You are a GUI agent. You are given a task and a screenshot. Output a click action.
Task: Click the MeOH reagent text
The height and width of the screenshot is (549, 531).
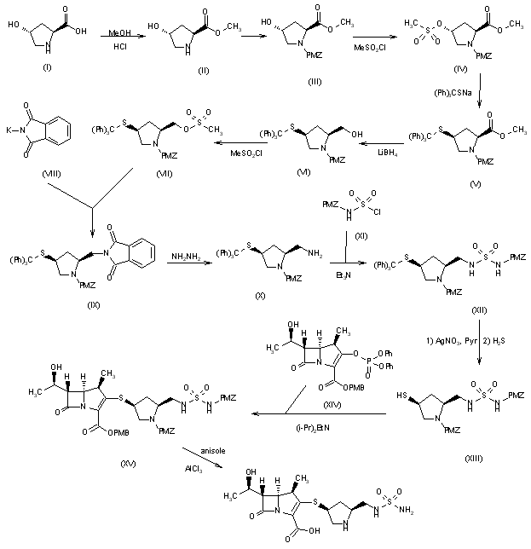114,32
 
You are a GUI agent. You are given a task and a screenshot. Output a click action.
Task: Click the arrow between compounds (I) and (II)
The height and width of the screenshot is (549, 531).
113,40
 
